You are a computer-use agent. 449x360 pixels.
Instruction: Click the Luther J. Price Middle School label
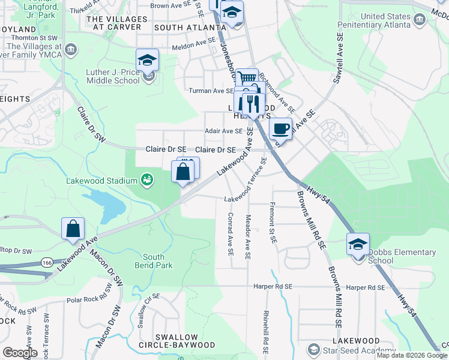pyautogui.click(x=113, y=77)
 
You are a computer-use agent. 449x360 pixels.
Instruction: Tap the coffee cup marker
pyautogui.click(x=280, y=128)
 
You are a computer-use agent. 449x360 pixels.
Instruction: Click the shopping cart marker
pyautogui.click(x=247, y=79)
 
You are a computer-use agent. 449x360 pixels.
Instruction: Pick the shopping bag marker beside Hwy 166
pyautogui.click(x=73, y=229)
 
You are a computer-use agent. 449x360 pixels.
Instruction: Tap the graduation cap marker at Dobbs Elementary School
pyautogui.click(x=358, y=244)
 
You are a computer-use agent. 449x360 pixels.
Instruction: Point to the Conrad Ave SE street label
pyautogui.click(x=231, y=233)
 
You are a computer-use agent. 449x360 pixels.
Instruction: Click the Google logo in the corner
pyautogui.click(x=20, y=353)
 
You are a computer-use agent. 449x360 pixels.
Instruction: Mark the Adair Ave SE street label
pyautogui.click(x=223, y=131)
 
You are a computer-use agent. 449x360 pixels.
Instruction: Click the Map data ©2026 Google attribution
pyautogui.click(x=411, y=355)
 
